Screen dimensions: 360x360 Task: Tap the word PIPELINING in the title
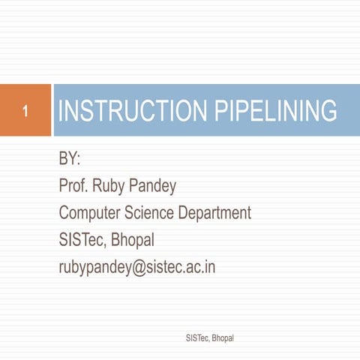pos(276,112)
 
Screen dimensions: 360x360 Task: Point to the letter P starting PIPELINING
pos(222,112)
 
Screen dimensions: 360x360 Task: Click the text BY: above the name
pos(70,160)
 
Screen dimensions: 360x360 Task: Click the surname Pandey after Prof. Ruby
pos(151,186)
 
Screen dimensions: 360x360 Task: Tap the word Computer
pos(90,213)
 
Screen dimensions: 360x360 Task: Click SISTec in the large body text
pos(82,240)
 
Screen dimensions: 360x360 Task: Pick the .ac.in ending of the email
pos(201,267)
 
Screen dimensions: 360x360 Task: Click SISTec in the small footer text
pos(196,339)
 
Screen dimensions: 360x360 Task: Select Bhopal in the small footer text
pos(223,339)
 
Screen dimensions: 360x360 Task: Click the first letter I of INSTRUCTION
pos(61,112)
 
